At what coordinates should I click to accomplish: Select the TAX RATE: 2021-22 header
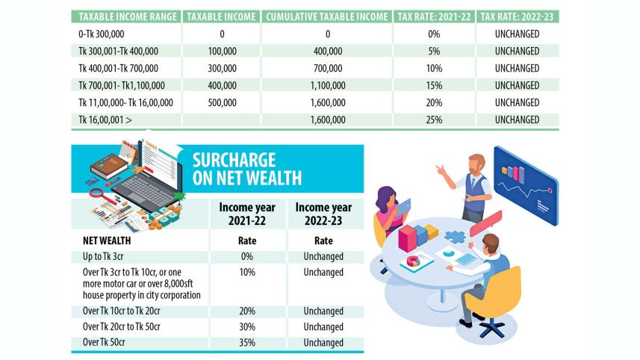pyautogui.click(x=433, y=16)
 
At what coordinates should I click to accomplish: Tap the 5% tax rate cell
pyautogui.click(x=433, y=51)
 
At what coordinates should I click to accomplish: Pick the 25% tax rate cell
pyautogui.click(x=433, y=120)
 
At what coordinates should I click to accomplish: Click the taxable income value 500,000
pyautogui.click(x=223, y=102)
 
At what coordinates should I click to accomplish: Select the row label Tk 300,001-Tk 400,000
pyautogui.click(x=119, y=51)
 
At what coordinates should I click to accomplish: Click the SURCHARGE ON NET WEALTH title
pyautogui.click(x=246, y=169)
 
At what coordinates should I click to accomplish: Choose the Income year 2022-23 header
pyautogui.click(x=323, y=214)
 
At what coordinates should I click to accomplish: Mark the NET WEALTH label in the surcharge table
pyautogui.click(x=108, y=241)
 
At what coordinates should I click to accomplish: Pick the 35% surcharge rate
pyautogui.click(x=246, y=343)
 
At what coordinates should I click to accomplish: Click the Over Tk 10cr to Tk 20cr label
pyautogui.click(x=125, y=311)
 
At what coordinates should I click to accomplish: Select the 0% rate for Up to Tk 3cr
pyautogui.click(x=246, y=257)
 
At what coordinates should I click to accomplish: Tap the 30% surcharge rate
pyautogui.click(x=246, y=327)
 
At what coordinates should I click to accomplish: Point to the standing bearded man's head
pyautogui.click(x=476, y=164)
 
